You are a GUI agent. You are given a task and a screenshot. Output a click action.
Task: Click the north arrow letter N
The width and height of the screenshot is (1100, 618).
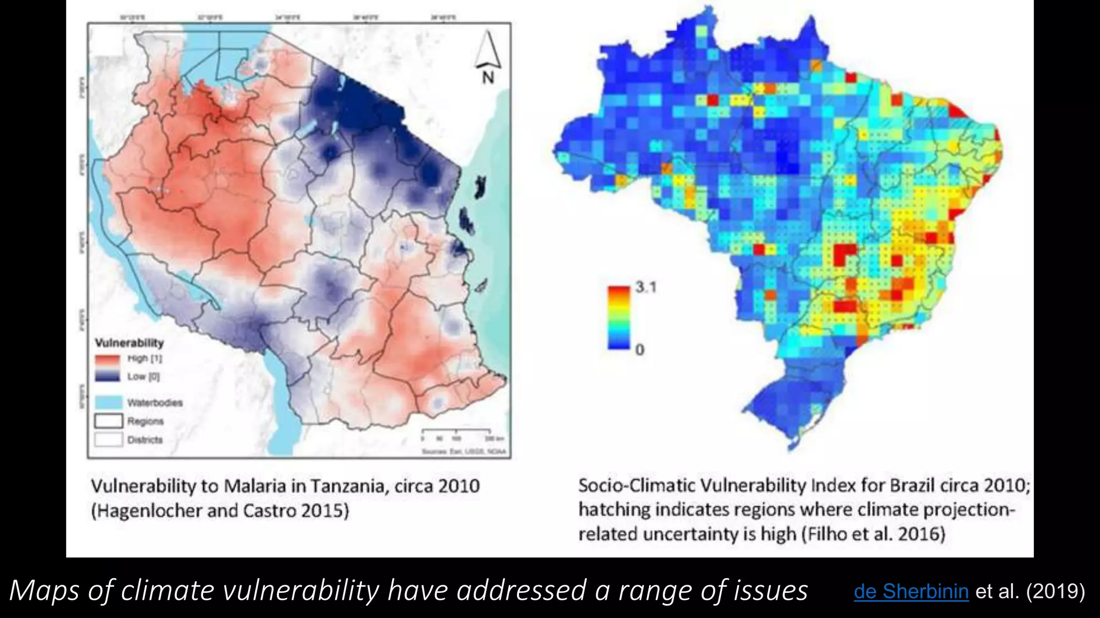(488, 78)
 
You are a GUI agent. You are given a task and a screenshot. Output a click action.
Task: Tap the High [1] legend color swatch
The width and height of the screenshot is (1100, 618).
(107, 358)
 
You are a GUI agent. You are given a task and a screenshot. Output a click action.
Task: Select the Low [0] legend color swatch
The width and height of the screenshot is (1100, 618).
(107, 376)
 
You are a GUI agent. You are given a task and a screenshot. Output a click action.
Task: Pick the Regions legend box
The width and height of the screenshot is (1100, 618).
(108, 421)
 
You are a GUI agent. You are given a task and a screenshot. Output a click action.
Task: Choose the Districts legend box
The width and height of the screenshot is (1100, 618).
(108, 439)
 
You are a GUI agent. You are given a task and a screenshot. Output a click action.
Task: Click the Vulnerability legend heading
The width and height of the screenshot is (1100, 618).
(129, 343)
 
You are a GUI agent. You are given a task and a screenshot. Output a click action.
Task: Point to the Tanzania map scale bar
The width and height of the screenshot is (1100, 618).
(455, 431)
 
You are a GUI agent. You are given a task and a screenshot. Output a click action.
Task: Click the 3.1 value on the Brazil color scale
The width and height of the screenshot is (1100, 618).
(646, 287)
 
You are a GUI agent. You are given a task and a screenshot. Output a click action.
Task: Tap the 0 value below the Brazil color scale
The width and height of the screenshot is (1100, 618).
(640, 350)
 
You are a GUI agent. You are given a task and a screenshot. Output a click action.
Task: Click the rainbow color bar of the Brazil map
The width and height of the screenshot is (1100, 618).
(618, 318)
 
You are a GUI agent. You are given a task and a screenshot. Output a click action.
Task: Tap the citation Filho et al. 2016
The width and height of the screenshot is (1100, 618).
(873, 534)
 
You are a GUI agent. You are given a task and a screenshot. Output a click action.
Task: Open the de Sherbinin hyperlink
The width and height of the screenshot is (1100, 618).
(911, 591)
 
